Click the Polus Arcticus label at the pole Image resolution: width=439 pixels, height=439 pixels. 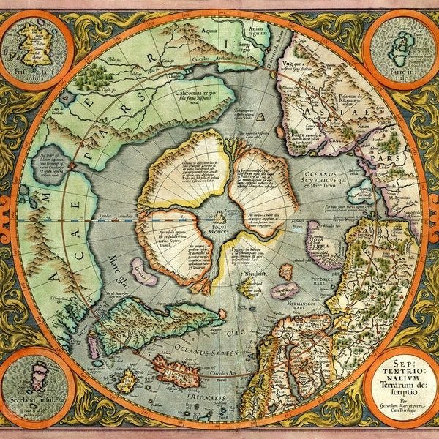[219, 229]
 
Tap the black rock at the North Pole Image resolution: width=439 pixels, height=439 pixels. [219, 217]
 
